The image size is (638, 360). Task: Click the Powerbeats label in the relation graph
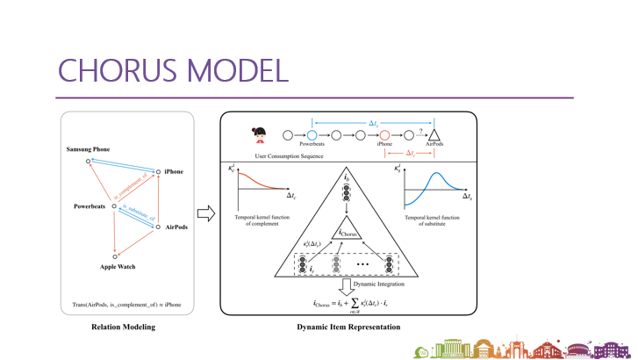pyautogui.click(x=89, y=208)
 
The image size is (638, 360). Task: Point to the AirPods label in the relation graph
pyautogui.click(x=175, y=227)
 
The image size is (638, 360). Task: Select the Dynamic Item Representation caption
pyautogui.click(x=348, y=327)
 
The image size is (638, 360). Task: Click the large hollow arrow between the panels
pyautogui.click(x=204, y=214)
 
